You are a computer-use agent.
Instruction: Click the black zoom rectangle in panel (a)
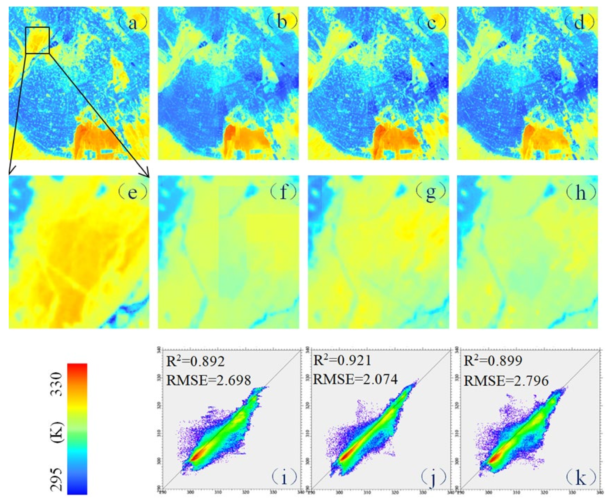click(38, 40)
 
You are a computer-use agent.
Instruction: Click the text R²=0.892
click(196, 361)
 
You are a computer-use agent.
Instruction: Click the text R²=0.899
click(493, 361)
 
